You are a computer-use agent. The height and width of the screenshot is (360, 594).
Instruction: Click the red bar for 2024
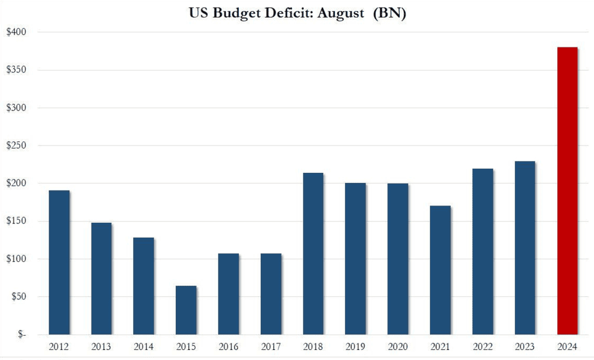click(567, 191)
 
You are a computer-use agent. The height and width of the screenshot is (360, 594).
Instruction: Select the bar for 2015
click(186, 310)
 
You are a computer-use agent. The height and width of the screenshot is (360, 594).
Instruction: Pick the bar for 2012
click(59, 262)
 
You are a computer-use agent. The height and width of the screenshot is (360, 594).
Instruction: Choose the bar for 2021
click(440, 270)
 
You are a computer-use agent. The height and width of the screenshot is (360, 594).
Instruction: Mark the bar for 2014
click(144, 286)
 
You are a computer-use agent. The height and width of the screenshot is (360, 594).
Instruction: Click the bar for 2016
click(229, 294)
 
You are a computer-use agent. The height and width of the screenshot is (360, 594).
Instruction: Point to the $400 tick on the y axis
click(17, 32)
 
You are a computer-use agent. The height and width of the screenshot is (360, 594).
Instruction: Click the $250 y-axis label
click(17, 146)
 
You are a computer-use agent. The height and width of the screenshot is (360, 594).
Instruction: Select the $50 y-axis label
click(19, 297)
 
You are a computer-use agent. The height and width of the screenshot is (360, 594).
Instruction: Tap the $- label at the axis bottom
click(21, 335)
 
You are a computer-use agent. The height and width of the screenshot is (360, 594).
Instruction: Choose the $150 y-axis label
click(17, 221)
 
